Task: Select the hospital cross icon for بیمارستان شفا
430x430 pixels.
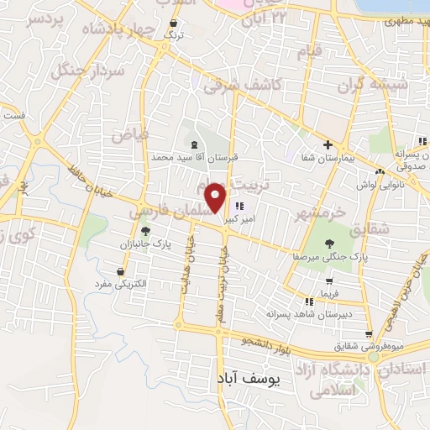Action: [328, 144]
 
